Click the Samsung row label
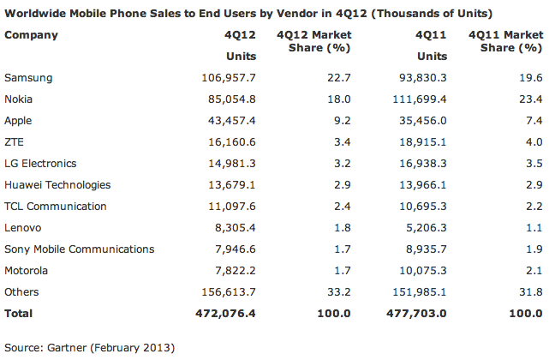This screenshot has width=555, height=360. tap(28, 78)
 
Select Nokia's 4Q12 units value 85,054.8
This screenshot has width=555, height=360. tap(227, 99)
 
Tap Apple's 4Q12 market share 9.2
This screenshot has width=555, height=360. tap(342, 121)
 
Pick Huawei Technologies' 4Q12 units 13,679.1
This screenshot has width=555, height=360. tap(227, 185)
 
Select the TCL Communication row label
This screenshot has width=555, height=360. tap(56, 207)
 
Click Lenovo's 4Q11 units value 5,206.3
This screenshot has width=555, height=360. tap(425, 228)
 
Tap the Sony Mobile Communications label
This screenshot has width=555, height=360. tap(80, 249)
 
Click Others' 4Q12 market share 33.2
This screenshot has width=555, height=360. tap(338, 292)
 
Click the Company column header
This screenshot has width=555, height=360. tap(31, 35)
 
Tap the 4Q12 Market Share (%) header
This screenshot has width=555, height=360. tap(315, 41)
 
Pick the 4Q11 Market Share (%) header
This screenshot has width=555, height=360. tap(507, 41)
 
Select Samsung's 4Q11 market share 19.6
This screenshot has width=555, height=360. tap(531, 78)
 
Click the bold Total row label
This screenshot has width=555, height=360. tap(19, 314)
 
